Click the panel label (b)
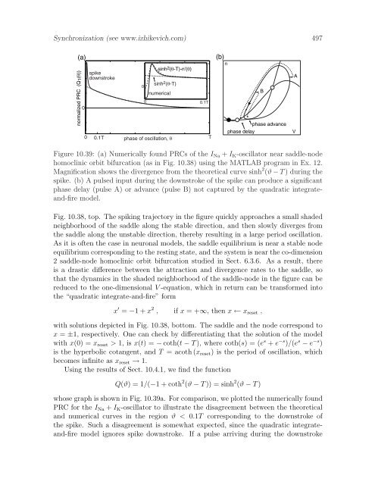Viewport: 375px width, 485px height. [221, 57]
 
